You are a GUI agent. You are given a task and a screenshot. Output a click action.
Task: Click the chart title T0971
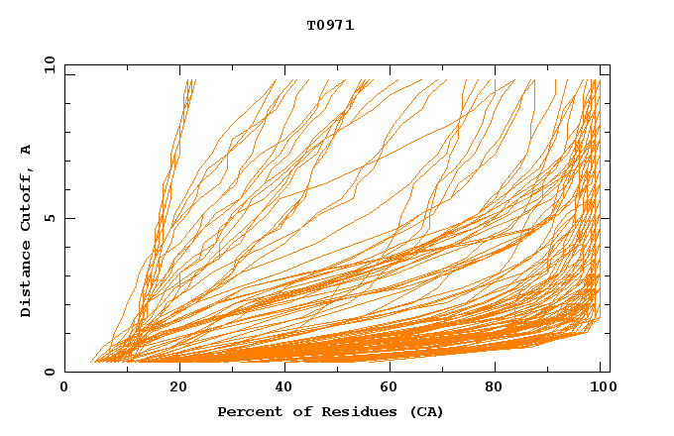click(330, 26)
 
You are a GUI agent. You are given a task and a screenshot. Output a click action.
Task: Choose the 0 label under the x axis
click(64, 387)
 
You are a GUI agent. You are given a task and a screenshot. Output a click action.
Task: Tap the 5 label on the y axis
click(50, 218)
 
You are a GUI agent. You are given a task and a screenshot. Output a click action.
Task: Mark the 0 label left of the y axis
click(50, 372)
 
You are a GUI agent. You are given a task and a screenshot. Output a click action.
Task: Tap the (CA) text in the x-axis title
click(426, 412)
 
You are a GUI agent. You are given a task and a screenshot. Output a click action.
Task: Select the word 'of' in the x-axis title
click(292, 412)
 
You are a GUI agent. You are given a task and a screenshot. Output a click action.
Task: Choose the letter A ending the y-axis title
click(26, 150)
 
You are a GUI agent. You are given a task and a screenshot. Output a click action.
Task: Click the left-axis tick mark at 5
click(67, 218)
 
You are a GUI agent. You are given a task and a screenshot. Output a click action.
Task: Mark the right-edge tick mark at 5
click(606, 218)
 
